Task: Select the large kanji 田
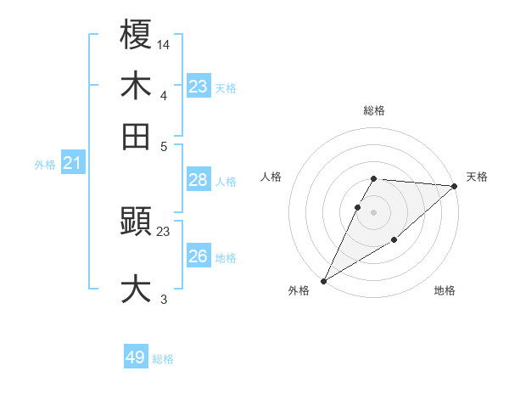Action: click(136, 135)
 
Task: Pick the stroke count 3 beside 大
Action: click(164, 299)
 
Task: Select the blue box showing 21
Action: click(72, 164)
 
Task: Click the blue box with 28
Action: click(198, 180)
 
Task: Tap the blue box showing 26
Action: click(198, 256)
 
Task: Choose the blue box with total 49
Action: click(136, 357)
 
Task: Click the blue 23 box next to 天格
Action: click(198, 87)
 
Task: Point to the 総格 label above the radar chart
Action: click(373, 111)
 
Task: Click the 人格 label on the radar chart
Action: click(271, 177)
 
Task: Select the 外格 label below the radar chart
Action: click(299, 291)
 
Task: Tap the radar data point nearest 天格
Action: click(455, 186)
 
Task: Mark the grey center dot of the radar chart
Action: click(373, 211)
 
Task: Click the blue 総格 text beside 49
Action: click(163, 359)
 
